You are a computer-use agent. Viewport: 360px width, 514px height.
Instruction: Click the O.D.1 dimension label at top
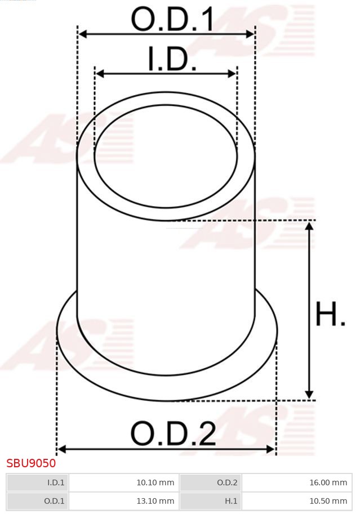pyautogui.click(x=172, y=19)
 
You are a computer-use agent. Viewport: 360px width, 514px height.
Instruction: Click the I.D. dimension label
pyautogui.click(x=172, y=60)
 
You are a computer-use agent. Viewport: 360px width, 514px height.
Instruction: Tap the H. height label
pyautogui.click(x=330, y=315)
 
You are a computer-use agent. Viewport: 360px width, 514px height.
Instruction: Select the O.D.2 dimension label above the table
pyautogui.click(x=173, y=433)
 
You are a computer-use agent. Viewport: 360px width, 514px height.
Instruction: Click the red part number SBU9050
pyautogui.click(x=31, y=463)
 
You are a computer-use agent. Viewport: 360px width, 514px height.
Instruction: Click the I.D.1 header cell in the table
pyautogui.click(x=38, y=482)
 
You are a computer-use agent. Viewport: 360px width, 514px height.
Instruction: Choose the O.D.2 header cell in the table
pyautogui.click(x=211, y=482)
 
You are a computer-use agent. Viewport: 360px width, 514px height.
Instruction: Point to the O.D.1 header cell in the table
pyautogui.click(x=38, y=500)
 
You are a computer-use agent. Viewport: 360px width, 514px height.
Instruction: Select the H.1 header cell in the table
pyautogui.click(x=211, y=500)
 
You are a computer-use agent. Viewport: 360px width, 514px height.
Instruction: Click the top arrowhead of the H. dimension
pyautogui.click(x=309, y=226)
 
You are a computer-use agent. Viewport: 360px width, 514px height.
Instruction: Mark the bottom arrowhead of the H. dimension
pyautogui.click(x=309, y=395)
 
